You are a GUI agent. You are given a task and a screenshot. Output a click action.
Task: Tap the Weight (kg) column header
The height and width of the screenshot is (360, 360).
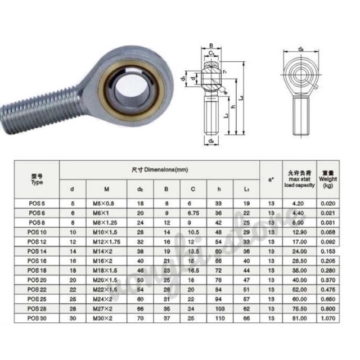328,179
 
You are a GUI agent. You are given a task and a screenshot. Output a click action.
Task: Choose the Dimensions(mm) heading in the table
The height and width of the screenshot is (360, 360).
160,169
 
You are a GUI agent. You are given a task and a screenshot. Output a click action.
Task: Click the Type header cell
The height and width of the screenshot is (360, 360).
37,179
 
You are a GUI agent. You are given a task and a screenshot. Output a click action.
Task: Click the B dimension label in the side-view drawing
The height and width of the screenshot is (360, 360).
210,46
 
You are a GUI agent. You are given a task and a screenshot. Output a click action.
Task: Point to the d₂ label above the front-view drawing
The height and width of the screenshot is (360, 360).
301,49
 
